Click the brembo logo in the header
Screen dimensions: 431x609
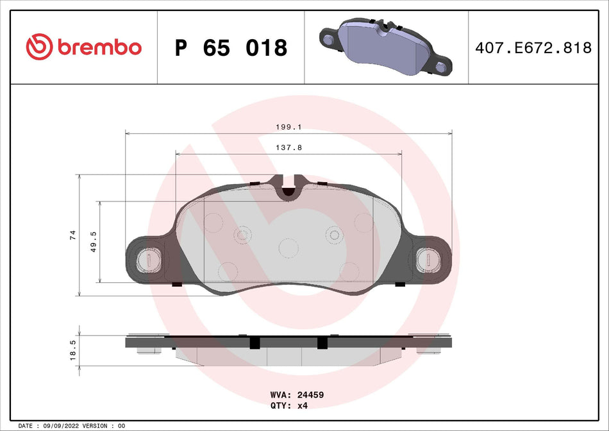point(83,47)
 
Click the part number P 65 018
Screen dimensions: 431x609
point(231,47)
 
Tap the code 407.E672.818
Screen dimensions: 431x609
point(533,47)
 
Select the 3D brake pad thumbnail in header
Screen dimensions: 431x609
point(385,46)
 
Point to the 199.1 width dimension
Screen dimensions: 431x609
point(288,127)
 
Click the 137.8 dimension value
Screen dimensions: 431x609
point(288,147)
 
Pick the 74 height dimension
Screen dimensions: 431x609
point(73,235)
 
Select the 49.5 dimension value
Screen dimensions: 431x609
point(94,242)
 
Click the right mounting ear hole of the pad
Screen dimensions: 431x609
point(427,260)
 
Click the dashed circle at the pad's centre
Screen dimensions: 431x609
point(288,247)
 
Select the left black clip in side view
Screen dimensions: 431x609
point(254,343)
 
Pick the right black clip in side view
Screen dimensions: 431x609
point(322,343)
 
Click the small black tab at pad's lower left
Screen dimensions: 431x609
point(178,284)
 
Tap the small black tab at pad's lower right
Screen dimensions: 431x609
point(399,284)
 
